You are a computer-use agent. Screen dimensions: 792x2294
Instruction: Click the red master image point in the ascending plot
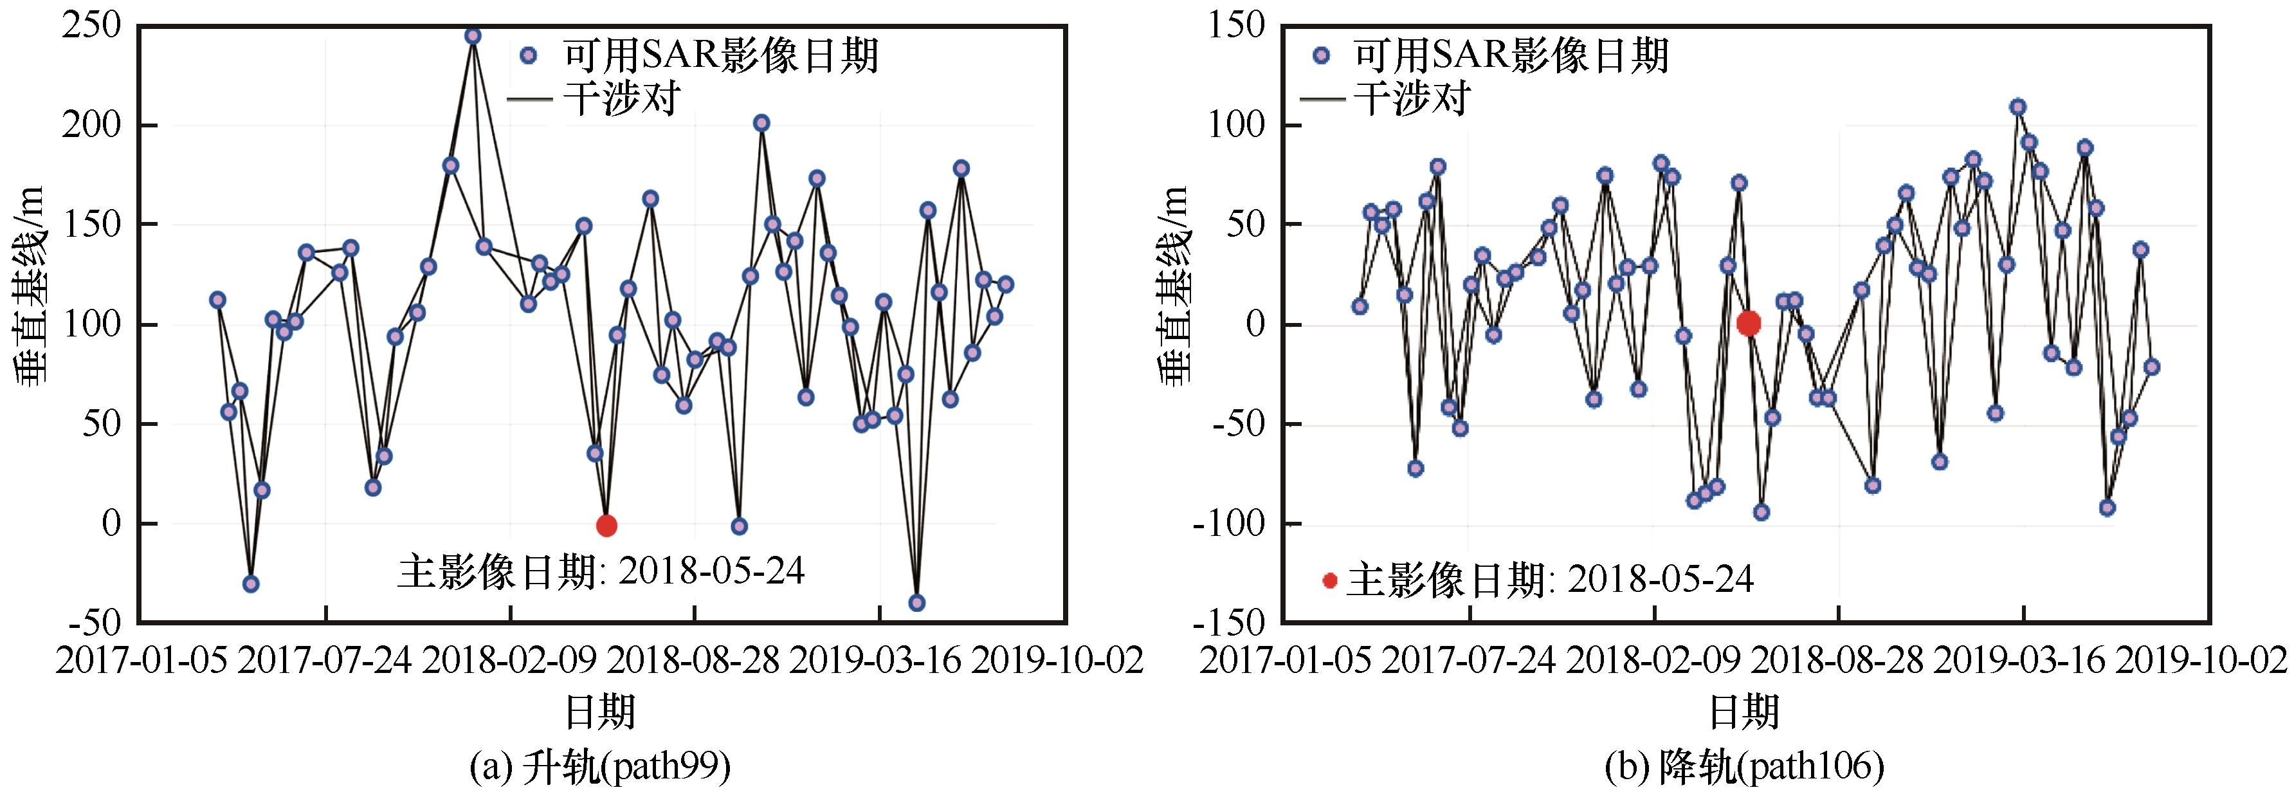tap(606, 526)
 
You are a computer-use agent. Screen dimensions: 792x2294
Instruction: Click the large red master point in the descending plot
tap(1748, 324)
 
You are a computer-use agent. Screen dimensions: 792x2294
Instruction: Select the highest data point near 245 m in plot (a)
tap(473, 35)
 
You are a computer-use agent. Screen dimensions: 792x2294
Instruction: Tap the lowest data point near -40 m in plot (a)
tap(916, 603)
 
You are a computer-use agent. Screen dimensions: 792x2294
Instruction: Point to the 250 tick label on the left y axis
tap(92, 27)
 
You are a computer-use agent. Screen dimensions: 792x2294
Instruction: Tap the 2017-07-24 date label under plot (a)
tap(326, 661)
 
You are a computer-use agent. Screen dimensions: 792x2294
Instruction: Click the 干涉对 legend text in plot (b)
tap(1412, 98)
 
